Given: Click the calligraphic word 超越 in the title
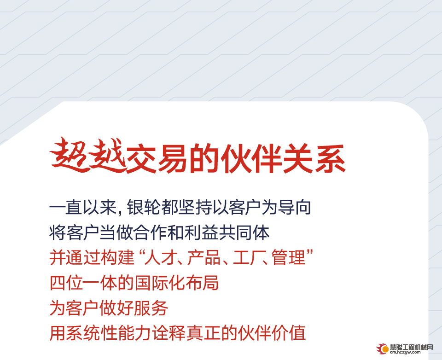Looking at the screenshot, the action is pos(88,155).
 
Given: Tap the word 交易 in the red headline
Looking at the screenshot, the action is pos(157,158).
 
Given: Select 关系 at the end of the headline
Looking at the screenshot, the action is pos(314,158).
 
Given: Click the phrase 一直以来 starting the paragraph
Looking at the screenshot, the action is pos(83,207).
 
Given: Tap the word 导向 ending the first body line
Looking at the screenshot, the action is pos(294,207).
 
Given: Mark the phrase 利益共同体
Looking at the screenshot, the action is pos(227,232).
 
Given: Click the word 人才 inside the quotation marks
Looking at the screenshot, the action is pos(161,257).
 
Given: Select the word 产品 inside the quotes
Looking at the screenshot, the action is pos(204,257).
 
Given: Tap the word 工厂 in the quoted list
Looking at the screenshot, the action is pos(247,257).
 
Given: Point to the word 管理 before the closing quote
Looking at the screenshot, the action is pos(289,257).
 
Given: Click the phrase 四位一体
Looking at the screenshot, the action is pos(83,283).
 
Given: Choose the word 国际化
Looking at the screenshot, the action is pos(160,283).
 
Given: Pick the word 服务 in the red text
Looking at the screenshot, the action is pos(151,308).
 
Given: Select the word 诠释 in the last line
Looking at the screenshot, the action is pos(169,333).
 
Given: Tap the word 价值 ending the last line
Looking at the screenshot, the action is pos(289,333).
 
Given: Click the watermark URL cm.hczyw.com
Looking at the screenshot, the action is pos(405,352).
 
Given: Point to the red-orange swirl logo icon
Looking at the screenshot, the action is pos(383,349).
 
